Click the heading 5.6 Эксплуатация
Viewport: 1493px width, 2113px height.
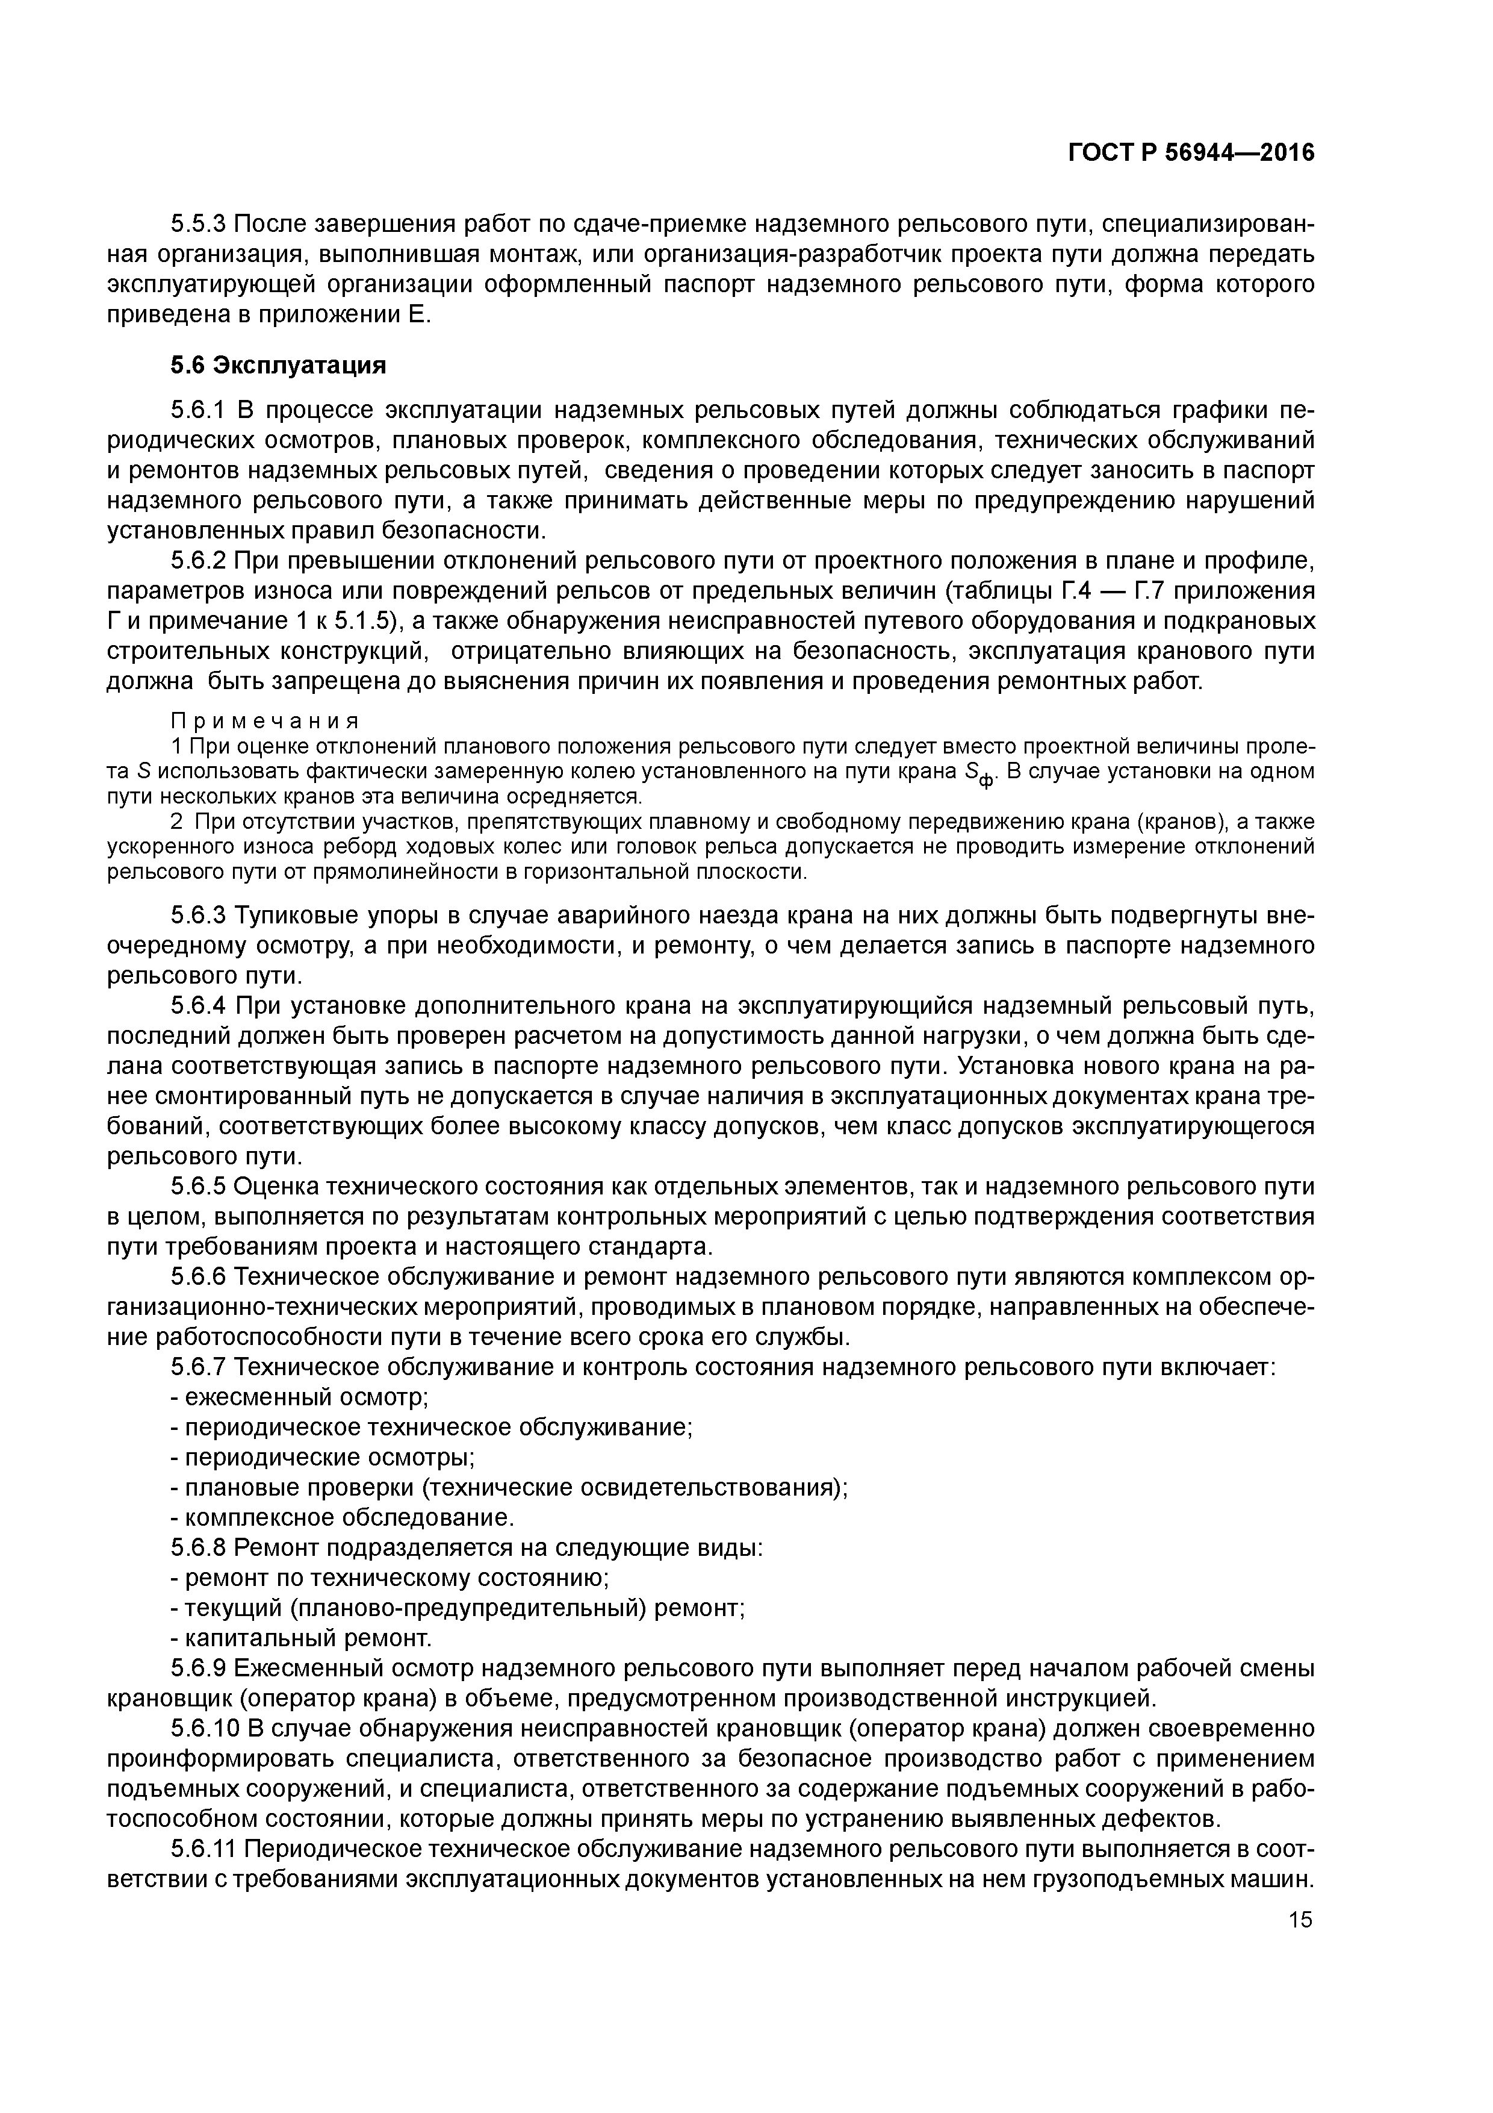tap(278, 366)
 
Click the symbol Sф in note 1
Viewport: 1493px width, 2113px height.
tap(979, 774)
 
